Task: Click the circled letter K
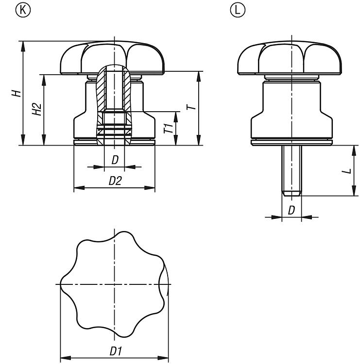pyautogui.click(x=23, y=10)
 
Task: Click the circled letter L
pyautogui.click(x=237, y=10)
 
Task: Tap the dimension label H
pyautogui.click(x=17, y=93)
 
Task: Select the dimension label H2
pyautogui.click(x=37, y=109)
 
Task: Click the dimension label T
pyautogui.click(x=191, y=107)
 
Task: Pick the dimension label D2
pyautogui.click(x=115, y=181)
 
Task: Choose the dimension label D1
pyautogui.click(x=116, y=351)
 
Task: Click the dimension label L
pyautogui.click(x=347, y=171)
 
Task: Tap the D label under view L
pyautogui.click(x=291, y=210)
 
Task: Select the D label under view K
pyautogui.click(x=115, y=160)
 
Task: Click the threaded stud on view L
pyautogui.click(x=291, y=171)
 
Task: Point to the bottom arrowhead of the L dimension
pyautogui.click(x=354, y=191)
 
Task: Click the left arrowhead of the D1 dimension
pyautogui.click(x=66, y=358)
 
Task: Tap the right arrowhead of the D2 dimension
pyautogui.click(x=150, y=187)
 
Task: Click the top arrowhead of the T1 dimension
pyautogui.click(x=176, y=117)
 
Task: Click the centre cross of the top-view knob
pyautogui.click(x=114, y=284)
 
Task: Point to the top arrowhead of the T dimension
pyautogui.click(x=199, y=76)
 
